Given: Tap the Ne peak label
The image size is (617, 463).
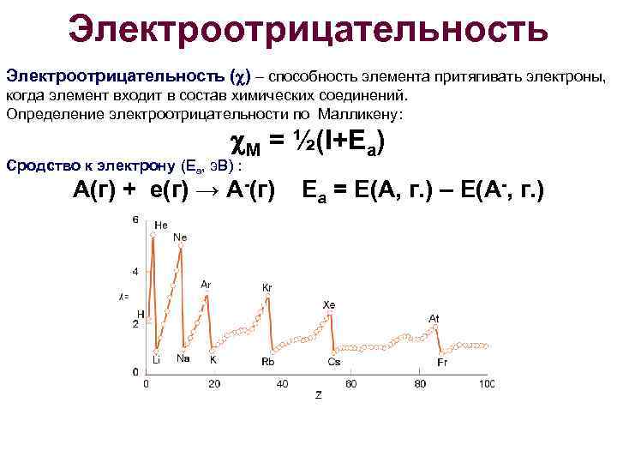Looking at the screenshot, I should click(x=181, y=238).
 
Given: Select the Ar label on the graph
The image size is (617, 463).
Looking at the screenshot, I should click(x=206, y=284).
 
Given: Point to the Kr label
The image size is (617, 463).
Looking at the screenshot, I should click(x=267, y=287).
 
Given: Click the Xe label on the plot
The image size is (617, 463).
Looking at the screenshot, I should click(x=328, y=304).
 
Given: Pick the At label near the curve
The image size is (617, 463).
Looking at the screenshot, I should click(x=434, y=319).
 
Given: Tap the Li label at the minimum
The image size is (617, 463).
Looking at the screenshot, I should click(x=156, y=361).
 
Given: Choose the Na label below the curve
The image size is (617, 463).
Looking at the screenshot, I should click(x=183, y=359).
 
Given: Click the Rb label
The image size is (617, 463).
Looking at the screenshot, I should click(x=268, y=362).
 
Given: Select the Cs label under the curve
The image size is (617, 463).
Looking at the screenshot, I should click(x=333, y=362).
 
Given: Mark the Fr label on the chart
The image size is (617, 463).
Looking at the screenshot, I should click(x=442, y=362).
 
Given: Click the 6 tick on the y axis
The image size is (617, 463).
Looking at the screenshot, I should click(x=135, y=220).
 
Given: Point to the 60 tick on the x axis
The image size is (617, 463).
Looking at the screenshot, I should click(x=350, y=382).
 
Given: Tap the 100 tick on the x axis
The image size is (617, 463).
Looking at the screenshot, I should click(x=486, y=382).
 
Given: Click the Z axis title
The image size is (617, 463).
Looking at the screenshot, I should click(x=317, y=395).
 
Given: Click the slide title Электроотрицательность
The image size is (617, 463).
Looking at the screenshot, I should click(x=308, y=30).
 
